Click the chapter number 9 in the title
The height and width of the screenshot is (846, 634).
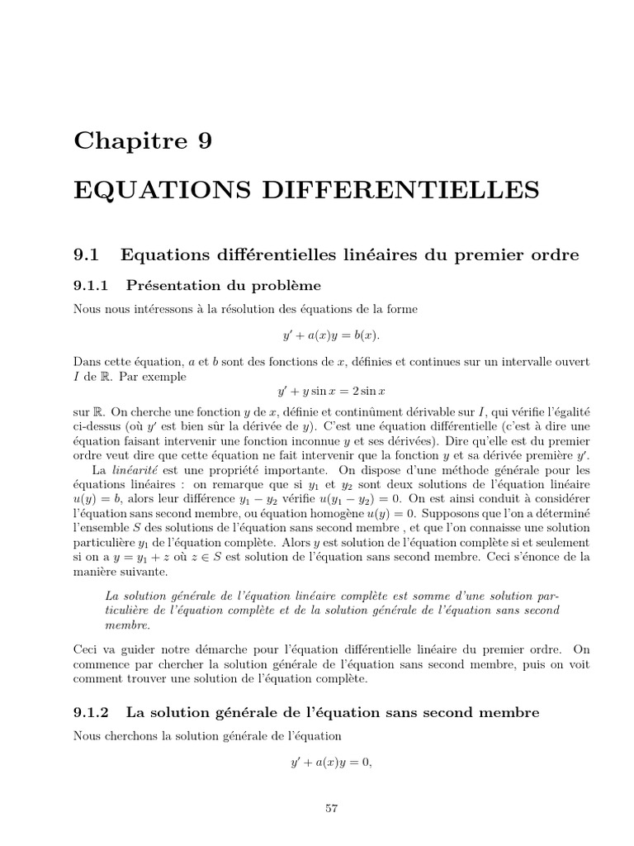pyautogui.click(x=202, y=140)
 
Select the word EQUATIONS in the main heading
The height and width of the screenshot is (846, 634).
pyautogui.click(x=146, y=191)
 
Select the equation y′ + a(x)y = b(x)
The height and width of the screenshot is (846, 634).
pyautogui.click(x=328, y=336)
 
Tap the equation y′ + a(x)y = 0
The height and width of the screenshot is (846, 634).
pyautogui.click(x=328, y=762)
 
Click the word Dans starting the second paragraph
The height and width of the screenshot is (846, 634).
pyautogui.click(x=88, y=363)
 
